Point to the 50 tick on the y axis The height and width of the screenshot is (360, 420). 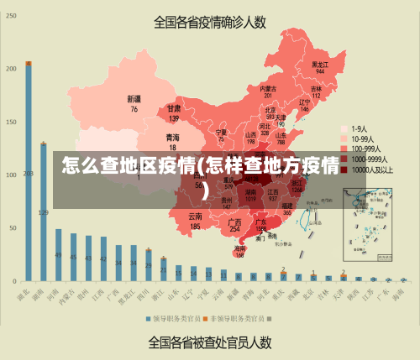12,228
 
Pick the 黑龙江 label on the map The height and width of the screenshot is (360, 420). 319,64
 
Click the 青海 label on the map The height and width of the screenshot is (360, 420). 172,137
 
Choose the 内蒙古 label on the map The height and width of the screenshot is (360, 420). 268,88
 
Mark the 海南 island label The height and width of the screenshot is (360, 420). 240,248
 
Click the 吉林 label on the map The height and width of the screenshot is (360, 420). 317,88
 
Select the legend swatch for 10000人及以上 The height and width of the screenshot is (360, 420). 344,169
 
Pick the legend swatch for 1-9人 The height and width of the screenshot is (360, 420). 344,128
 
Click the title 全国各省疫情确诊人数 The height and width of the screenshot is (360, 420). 210,22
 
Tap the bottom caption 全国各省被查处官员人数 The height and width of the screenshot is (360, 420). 210,342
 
